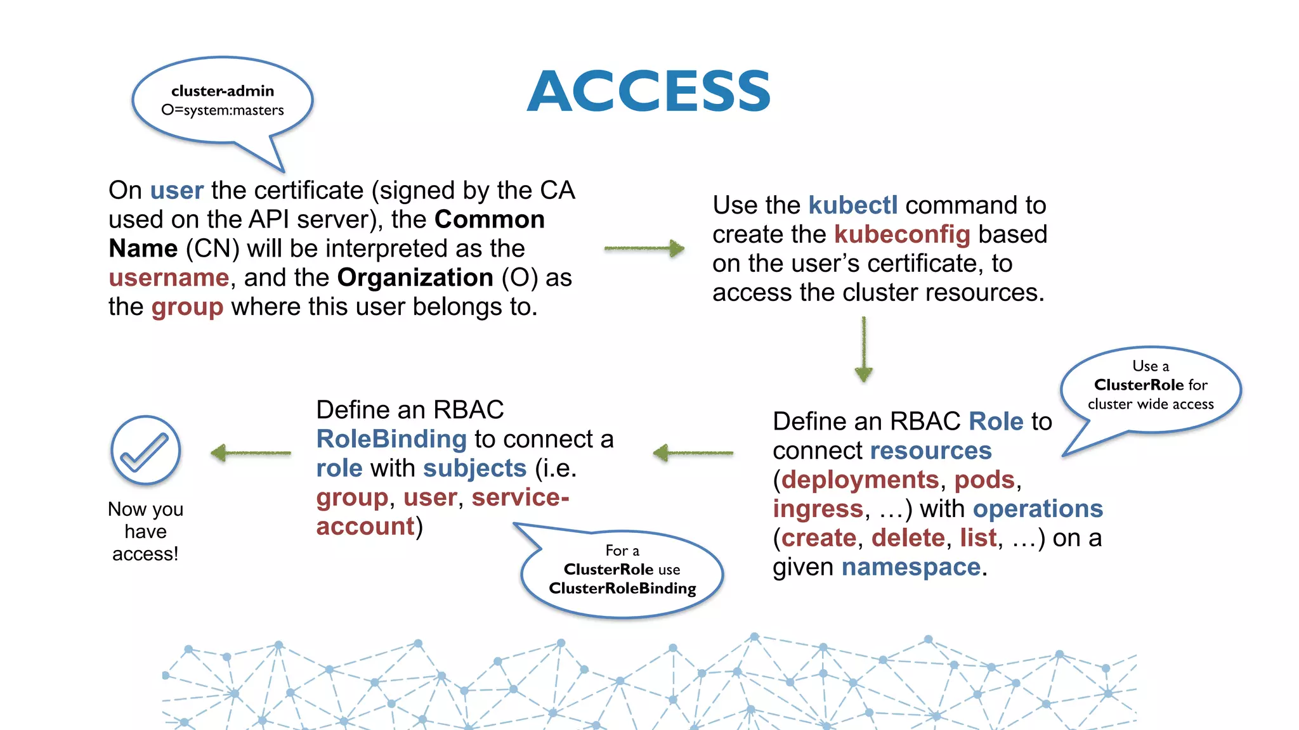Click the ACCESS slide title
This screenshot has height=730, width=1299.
(649, 92)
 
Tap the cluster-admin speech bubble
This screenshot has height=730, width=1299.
(223, 101)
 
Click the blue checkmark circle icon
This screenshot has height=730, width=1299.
(146, 451)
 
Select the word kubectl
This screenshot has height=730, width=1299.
(853, 205)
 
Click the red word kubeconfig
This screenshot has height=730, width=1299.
(902, 234)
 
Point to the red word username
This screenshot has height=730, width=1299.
(169, 278)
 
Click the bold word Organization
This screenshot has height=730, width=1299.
(415, 278)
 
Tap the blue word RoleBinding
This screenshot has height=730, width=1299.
(391, 439)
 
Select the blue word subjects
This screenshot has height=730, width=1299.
(474, 468)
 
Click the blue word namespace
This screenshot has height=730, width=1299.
(911, 567)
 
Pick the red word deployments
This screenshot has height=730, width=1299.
(859, 480)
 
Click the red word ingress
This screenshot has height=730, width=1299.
(818, 509)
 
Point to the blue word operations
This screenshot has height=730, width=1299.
(1038, 509)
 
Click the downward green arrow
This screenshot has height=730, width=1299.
(863, 349)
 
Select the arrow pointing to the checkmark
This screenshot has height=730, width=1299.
(251, 453)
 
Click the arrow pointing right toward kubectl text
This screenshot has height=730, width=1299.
(644, 248)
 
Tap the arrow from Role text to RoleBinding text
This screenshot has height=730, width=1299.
(693, 453)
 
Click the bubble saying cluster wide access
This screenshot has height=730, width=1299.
(1151, 387)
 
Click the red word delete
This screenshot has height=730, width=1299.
(908, 538)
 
